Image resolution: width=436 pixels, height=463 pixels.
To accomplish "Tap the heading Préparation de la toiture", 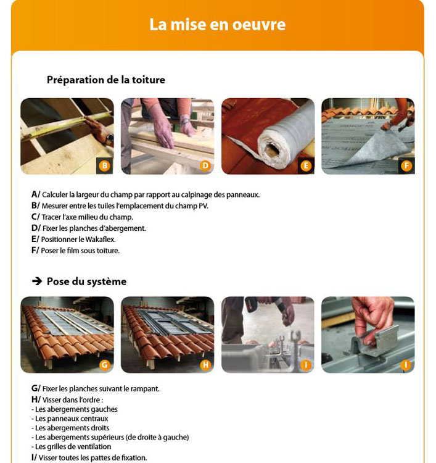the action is (x=106, y=80).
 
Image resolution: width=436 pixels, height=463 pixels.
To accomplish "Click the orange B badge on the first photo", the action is (x=105, y=165).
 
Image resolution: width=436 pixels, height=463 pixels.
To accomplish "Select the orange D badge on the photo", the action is (x=205, y=165).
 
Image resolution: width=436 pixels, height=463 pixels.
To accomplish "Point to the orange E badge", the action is (x=306, y=165).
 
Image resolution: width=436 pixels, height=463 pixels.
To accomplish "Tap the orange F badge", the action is (x=406, y=165).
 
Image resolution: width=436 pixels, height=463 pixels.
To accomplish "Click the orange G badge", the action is (x=105, y=365).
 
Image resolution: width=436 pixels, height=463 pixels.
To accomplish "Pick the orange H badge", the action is (x=205, y=365).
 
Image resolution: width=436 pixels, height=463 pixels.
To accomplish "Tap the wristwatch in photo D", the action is (x=185, y=121).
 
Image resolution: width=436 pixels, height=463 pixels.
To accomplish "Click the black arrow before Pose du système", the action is (x=37, y=281).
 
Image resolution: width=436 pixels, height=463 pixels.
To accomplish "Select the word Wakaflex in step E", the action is (x=101, y=240).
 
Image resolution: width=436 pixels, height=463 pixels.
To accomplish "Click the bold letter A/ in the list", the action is (x=36, y=194).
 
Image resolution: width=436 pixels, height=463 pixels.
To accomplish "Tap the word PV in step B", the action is (x=204, y=206).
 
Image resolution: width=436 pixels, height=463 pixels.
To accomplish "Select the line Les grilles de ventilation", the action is (x=72, y=447).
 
